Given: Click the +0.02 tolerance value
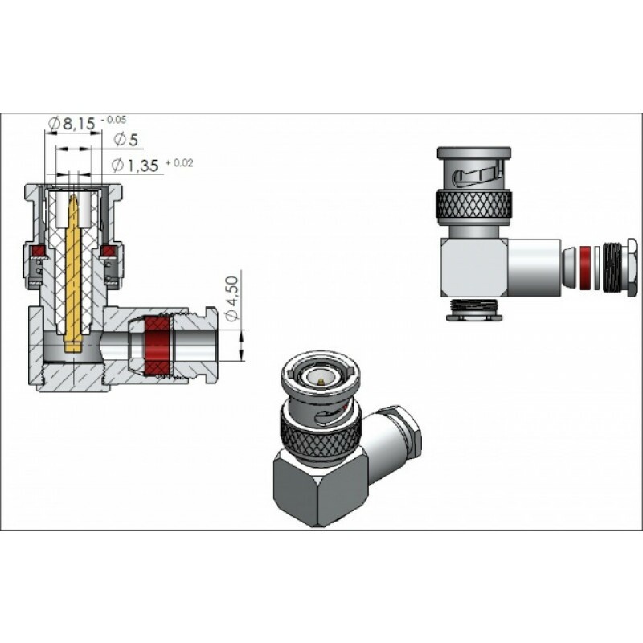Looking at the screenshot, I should pyautogui.click(x=178, y=162).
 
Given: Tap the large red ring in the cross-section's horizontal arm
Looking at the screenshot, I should pyautogui.click(x=157, y=346).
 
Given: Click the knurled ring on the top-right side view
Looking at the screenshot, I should pyautogui.click(x=473, y=206).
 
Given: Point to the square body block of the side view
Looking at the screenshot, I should pyautogui.click(x=473, y=267).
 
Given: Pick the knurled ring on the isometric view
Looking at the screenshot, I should pyautogui.click(x=320, y=432).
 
